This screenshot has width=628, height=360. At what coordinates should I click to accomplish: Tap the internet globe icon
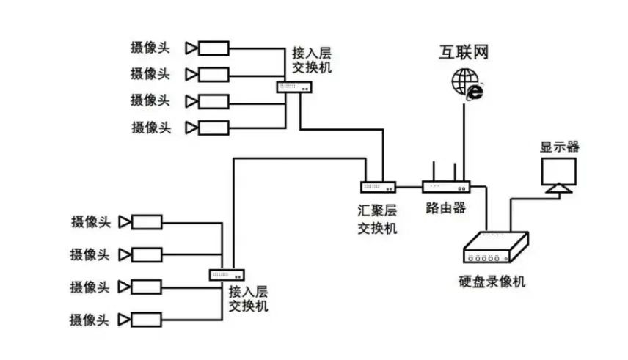[x=466, y=82]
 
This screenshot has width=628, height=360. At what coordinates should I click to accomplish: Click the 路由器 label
[x=445, y=207]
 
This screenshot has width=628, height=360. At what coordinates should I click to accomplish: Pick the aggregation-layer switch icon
[x=378, y=186]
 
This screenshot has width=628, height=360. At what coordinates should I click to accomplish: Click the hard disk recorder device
[x=497, y=248]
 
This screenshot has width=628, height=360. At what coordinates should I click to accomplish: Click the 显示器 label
[x=560, y=147]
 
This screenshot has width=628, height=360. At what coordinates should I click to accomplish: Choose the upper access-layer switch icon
[x=295, y=87]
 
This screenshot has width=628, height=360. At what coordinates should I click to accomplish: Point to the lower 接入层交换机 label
[x=248, y=298]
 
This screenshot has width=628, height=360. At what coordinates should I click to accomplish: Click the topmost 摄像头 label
[x=150, y=48]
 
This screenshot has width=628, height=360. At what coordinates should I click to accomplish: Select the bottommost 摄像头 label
[x=90, y=320]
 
